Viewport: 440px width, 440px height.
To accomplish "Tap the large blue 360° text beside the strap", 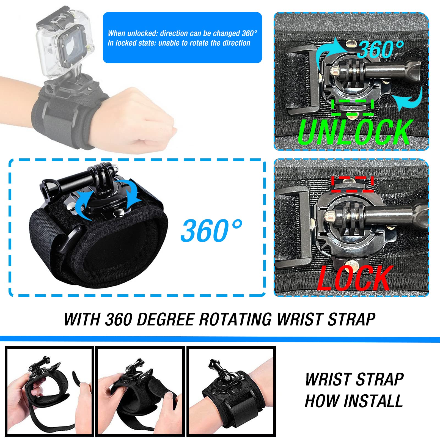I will pyautogui.click(x=211, y=230).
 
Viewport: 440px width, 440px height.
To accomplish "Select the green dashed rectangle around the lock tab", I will pyautogui.click(x=352, y=107).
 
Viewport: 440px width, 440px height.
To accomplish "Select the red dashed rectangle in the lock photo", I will pyautogui.click(x=352, y=184).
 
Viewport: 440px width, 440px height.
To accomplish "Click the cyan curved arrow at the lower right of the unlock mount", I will pyautogui.click(x=408, y=99).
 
